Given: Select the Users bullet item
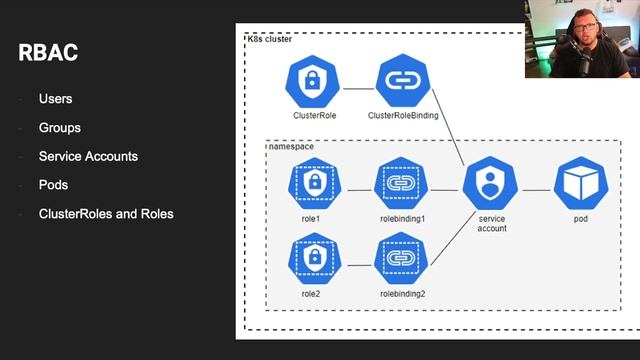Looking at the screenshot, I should (55, 99).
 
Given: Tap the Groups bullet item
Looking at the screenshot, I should (59, 128).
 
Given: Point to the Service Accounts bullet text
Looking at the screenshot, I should (88, 157).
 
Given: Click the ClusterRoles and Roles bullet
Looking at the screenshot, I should (105, 214).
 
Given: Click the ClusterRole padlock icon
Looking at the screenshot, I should (314, 82).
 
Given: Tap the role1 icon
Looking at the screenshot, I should (314, 183).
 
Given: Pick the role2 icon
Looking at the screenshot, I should (314, 257).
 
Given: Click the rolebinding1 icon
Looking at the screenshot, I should (400, 183).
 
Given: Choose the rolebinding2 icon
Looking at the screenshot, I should (400, 257).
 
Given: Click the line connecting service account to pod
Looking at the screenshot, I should (536, 188).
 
